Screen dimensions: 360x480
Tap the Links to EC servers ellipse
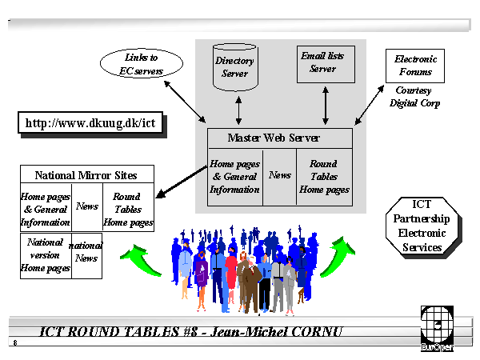click(x=142, y=64)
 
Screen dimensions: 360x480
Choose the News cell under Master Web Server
click(x=280, y=175)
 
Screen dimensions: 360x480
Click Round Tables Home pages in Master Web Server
click(x=324, y=178)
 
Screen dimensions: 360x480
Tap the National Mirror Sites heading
click(x=86, y=175)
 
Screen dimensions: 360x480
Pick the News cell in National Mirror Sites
click(x=86, y=206)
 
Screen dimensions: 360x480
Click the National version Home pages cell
click(x=46, y=255)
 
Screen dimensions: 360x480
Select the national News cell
click(x=86, y=252)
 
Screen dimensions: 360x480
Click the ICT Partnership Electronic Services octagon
click(x=425, y=226)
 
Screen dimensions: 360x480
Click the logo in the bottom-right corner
click(x=437, y=329)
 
